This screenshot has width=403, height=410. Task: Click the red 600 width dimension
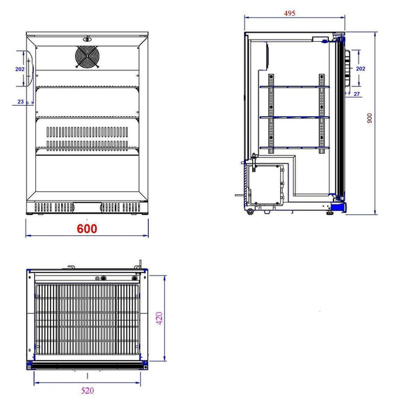(x=87, y=228)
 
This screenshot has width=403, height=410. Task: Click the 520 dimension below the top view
(x=88, y=391)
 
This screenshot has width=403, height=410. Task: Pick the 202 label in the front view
(x=19, y=69)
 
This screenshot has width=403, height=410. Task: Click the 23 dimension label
(x=19, y=102)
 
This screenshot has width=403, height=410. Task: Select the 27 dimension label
(x=356, y=93)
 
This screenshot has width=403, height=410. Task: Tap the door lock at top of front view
(x=87, y=39)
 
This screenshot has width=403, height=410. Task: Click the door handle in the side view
(x=340, y=70)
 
